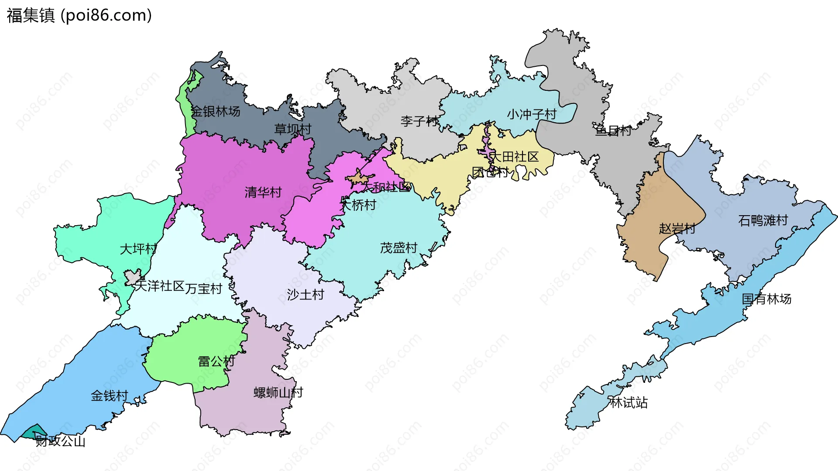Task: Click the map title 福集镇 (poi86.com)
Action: point(79,15)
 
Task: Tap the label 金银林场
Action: point(215,111)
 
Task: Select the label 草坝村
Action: point(292,129)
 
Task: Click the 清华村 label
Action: point(263,192)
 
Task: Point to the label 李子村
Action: point(419,121)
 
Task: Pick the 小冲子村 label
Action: point(531,114)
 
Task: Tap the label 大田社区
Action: point(514,156)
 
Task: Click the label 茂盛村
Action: point(398,248)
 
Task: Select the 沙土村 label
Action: point(305,295)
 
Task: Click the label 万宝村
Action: point(203,289)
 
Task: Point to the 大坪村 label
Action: point(138,249)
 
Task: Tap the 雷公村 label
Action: point(216,361)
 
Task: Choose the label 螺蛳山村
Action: point(278,392)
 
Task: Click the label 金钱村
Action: point(109,396)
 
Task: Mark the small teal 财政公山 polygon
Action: point(34,433)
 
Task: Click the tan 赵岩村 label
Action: point(677,228)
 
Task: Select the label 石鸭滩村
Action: point(762,220)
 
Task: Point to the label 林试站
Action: point(628,402)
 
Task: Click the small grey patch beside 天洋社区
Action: point(133,277)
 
